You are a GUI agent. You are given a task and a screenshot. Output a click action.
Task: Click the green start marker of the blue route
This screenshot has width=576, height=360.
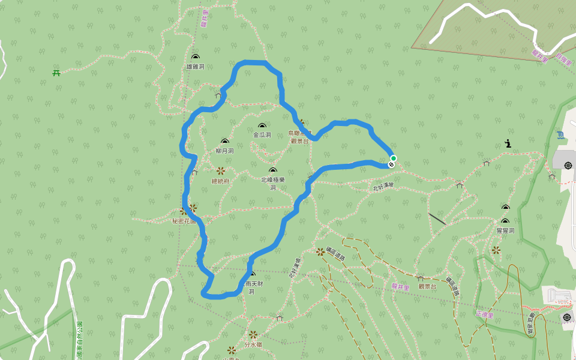[x=394, y=158]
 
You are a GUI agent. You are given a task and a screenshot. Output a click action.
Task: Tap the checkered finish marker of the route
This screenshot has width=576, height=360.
[x=391, y=164]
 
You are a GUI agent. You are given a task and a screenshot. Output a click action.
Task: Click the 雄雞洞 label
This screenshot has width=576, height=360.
[x=195, y=67]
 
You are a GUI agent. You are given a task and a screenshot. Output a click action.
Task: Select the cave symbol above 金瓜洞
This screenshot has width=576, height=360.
[x=262, y=125]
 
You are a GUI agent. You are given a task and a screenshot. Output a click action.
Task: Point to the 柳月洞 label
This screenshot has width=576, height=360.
[x=224, y=151]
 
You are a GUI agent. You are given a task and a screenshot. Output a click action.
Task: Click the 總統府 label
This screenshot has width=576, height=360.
[x=220, y=181]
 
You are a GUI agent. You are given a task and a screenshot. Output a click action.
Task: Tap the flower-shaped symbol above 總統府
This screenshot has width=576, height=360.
[x=220, y=171]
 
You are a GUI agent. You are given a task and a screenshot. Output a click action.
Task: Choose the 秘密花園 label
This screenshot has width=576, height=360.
[x=184, y=221]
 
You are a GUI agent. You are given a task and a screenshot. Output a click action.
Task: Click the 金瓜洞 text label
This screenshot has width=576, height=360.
[x=262, y=135]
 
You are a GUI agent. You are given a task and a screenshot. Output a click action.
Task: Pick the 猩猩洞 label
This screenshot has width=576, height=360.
[x=505, y=230]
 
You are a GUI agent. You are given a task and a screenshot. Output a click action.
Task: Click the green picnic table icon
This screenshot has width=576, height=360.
[x=56, y=73]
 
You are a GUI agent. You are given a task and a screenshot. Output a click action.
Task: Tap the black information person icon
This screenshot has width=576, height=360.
[x=508, y=143]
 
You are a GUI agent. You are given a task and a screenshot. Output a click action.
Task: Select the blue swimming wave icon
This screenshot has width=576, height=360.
[x=560, y=135]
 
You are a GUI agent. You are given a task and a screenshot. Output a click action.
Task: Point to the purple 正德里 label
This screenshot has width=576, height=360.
[x=484, y=314]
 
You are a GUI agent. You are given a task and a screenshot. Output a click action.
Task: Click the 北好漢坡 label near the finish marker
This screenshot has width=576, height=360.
[x=383, y=187]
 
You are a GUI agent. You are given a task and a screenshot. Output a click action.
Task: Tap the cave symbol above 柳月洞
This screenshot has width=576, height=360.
[x=224, y=142]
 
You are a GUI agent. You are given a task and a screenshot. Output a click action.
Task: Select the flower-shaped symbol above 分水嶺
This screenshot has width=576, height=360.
[x=253, y=335]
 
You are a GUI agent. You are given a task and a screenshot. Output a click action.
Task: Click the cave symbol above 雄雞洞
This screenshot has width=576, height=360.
[x=195, y=56]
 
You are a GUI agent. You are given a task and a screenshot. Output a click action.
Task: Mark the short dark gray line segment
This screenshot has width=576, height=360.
[x=437, y=219]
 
